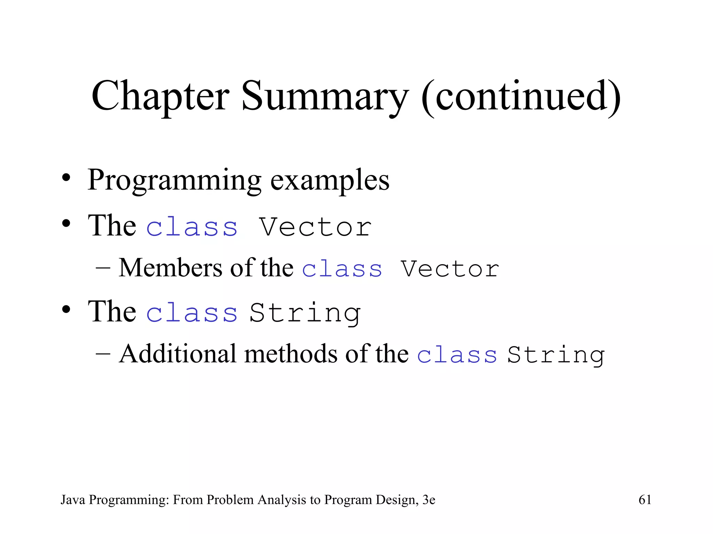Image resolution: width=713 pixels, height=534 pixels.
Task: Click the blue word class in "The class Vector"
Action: click(x=192, y=227)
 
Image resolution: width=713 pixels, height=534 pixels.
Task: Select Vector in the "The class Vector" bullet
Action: click(x=315, y=227)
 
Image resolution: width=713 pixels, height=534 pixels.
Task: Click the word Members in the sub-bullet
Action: click(x=170, y=268)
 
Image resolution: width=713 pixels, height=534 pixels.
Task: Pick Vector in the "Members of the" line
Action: click(x=450, y=269)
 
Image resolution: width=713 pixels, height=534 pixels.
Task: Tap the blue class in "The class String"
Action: click(x=192, y=313)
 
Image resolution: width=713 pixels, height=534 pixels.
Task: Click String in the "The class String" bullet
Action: click(x=305, y=313)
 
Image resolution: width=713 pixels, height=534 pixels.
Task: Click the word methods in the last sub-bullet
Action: click(x=291, y=354)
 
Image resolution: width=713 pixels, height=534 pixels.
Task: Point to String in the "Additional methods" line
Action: click(x=556, y=355)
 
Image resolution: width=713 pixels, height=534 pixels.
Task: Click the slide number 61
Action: click(x=645, y=500)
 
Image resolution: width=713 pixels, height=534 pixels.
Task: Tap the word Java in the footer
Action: click(x=73, y=500)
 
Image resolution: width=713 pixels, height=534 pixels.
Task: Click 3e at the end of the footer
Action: click(x=429, y=500)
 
